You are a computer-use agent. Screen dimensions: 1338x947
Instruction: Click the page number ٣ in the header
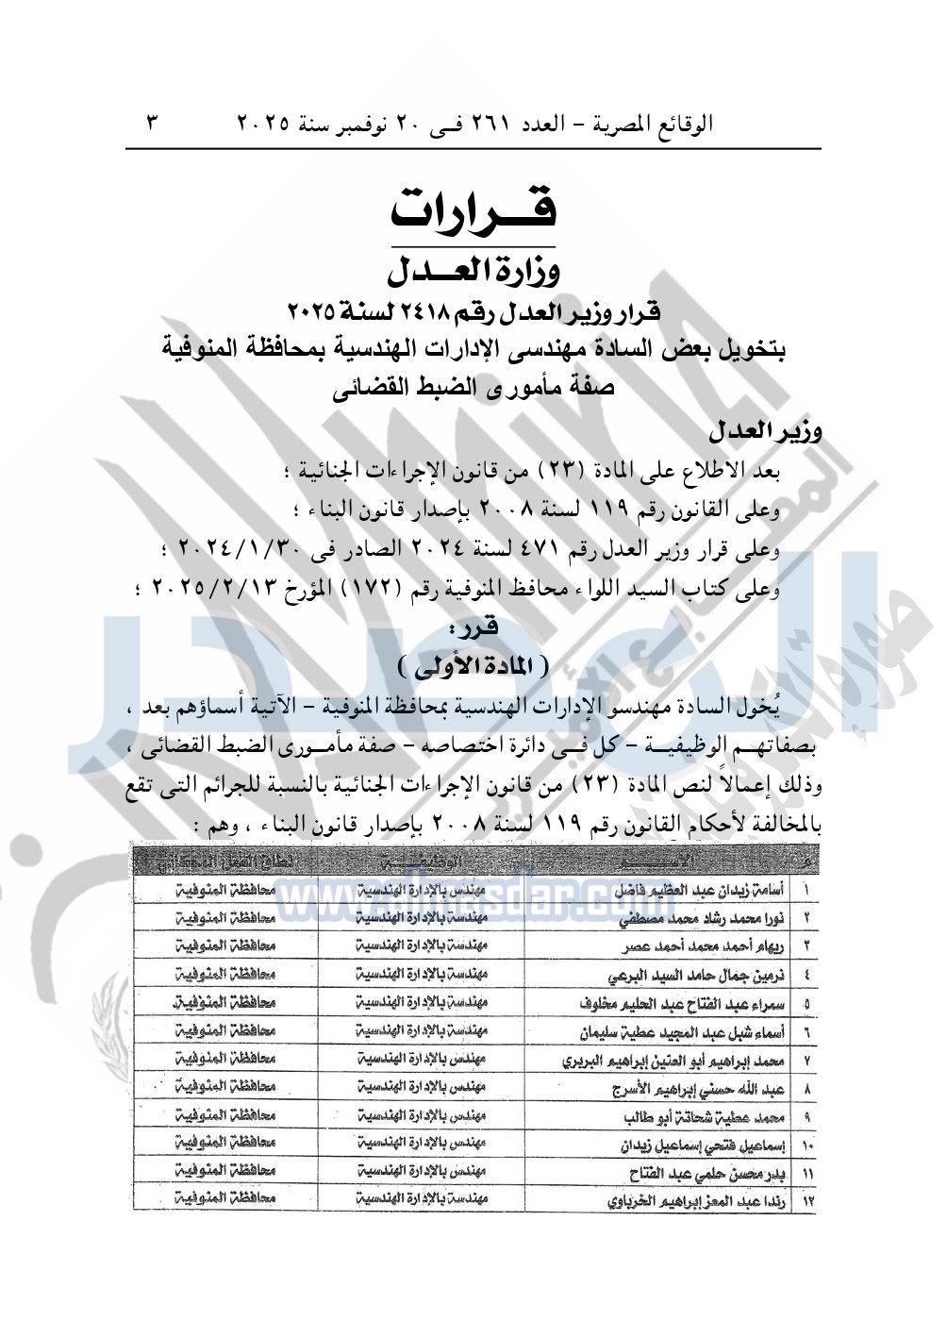pyautogui.click(x=153, y=124)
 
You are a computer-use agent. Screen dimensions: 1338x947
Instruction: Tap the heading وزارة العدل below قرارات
pyautogui.click(x=474, y=272)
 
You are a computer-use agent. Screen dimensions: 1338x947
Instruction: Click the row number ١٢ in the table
pyautogui.click(x=807, y=1202)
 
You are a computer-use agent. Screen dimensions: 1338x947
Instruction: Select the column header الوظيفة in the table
pyautogui.click(x=422, y=861)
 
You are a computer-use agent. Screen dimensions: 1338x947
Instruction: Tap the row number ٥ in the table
pyautogui.click(x=807, y=1004)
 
